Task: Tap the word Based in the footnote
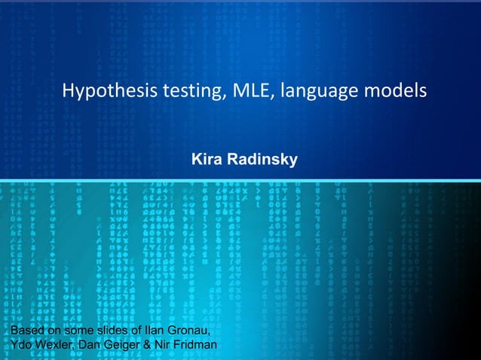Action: pyautogui.click(x=23, y=330)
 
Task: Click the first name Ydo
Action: pyautogui.click(x=17, y=345)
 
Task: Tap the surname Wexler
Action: pyautogui.click(x=54, y=345)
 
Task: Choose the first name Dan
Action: pyautogui.click(x=92, y=345)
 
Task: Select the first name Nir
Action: pyautogui.click(x=168, y=345)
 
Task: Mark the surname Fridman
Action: pyautogui.click(x=199, y=345)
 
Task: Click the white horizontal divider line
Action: pyautogui.click(x=240, y=179)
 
